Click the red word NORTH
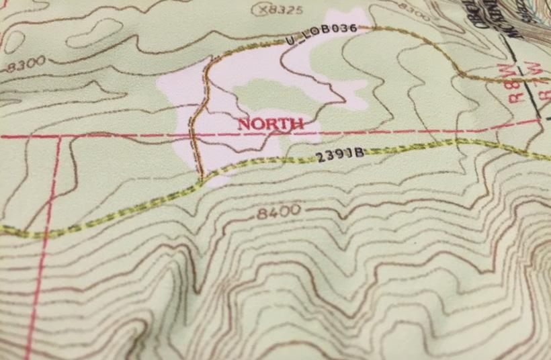[x=270, y=124]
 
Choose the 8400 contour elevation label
[x=279, y=212]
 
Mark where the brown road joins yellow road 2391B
[x=202, y=179]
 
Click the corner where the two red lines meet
[x=58, y=137]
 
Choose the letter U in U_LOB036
[x=290, y=41]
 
